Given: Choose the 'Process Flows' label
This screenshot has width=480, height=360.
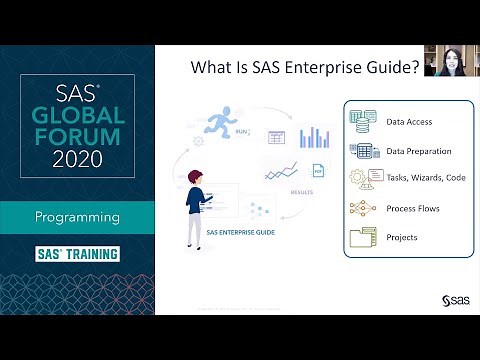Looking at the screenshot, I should point(412,209).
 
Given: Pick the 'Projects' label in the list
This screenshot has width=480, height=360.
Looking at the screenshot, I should point(401,237).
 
